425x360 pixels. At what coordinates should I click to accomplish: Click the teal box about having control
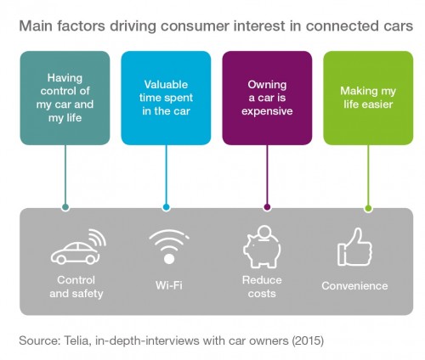coord(65,98)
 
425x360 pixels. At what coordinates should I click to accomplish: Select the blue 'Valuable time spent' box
coord(166,98)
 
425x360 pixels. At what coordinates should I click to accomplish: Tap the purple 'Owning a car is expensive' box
coord(267,98)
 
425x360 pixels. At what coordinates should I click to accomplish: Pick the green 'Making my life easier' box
coord(368,98)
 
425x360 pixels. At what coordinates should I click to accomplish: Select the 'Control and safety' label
coord(76,287)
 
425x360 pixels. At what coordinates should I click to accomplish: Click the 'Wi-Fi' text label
coord(169,285)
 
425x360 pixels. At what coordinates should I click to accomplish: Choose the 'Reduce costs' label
coord(262,287)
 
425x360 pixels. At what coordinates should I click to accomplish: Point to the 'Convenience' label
coord(354,286)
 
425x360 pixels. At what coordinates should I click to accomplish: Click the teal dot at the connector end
coord(65,207)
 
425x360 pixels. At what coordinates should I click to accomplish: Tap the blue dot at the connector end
coord(167,207)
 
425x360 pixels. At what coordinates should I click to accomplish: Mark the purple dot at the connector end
coord(267,207)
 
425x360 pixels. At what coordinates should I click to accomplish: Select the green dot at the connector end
coord(368,209)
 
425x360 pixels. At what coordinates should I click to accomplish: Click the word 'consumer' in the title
coord(195,26)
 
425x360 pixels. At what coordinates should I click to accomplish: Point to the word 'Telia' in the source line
coord(77,340)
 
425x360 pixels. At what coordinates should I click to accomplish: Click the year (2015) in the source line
coord(308,340)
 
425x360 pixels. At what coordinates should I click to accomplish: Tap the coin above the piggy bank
coord(265,233)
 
